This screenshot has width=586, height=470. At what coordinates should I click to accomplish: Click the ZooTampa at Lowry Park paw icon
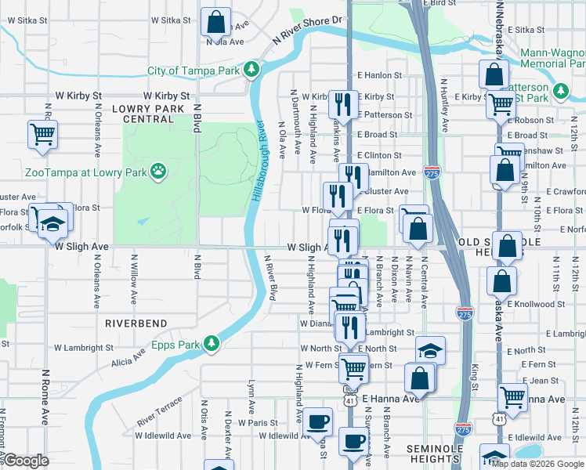158,169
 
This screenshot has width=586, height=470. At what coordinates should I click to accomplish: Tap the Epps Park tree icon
211,343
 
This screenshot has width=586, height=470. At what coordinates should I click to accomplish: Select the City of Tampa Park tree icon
251,70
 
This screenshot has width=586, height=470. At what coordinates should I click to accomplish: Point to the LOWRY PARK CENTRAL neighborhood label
143,114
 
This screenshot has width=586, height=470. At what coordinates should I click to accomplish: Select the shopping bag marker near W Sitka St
215,21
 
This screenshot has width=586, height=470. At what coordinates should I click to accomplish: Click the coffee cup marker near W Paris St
318,421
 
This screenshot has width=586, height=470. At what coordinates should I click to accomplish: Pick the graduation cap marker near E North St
429,350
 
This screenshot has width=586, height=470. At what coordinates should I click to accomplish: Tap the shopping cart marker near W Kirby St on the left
42,133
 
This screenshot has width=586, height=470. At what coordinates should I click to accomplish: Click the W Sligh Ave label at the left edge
81,246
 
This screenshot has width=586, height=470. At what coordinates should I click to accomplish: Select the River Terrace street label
159,410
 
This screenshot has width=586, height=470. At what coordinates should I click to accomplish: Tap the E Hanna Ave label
391,399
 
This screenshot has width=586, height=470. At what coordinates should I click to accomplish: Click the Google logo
25,461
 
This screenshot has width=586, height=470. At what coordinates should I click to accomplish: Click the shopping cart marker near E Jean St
512,396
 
